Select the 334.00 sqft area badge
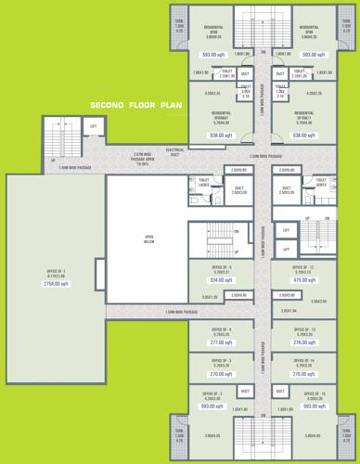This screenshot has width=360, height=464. point(220,279)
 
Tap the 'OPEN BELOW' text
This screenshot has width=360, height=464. point(148,238)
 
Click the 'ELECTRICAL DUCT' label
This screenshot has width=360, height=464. point(174,151)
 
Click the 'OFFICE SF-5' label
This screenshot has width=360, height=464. point(220,267)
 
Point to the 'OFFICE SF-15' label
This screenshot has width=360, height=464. point(315,395)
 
